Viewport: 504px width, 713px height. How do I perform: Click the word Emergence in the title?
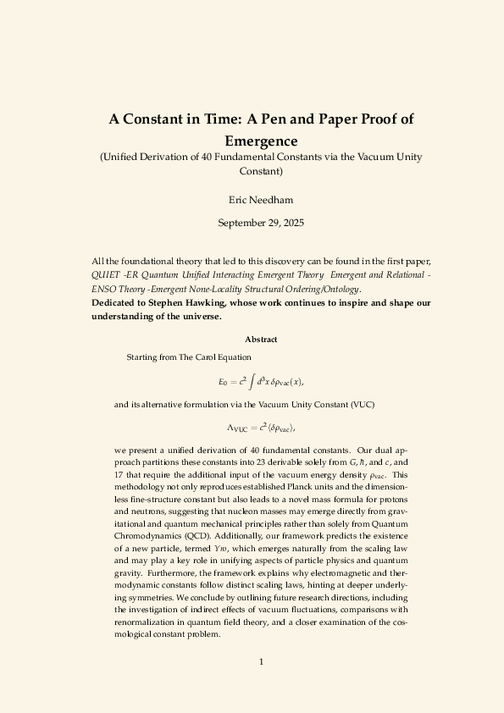click(261, 140)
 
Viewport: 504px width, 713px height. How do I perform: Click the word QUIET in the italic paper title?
click(106, 275)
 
